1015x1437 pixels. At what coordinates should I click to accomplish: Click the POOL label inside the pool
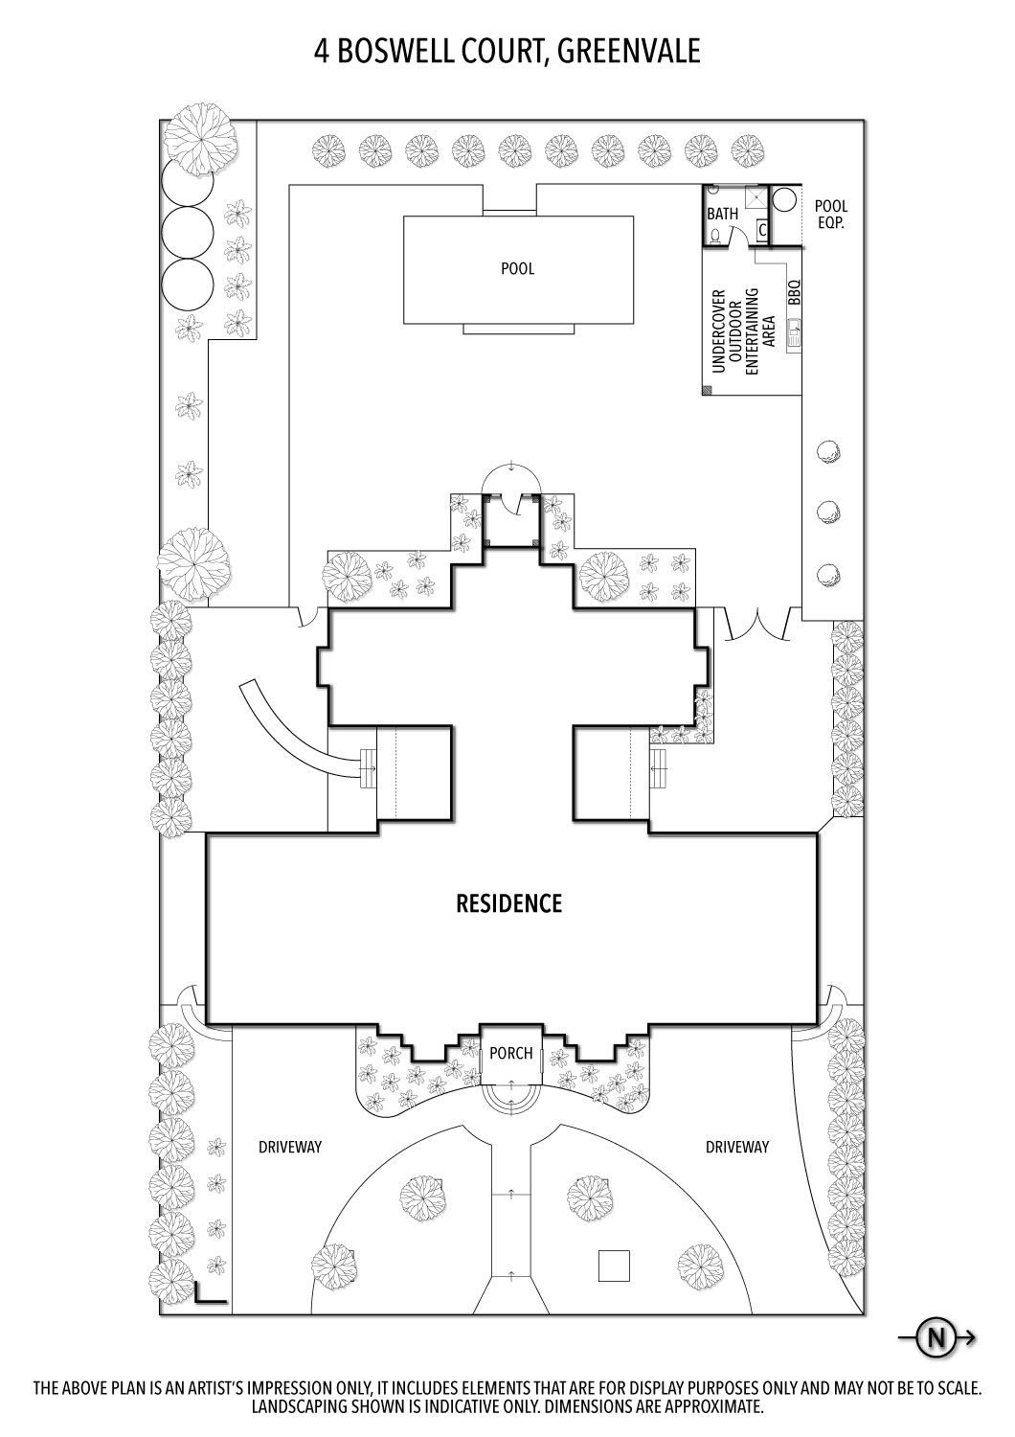pyautogui.click(x=517, y=268)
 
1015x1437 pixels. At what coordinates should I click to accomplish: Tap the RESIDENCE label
pyautogui.click(x=508, y=903)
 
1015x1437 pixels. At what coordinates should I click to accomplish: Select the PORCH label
pyautogui.click(x=511, y=1053)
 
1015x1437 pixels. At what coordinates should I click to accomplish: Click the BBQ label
pyautogui.click(x=795, y=292)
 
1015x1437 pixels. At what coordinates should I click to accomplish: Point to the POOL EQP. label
pyautogui.click(x=831, y=215)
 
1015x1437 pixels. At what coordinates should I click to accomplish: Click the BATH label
pyautogui.click(x=723, y=214)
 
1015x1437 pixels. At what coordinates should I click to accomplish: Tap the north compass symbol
pyautogui.click(x=936, y=1338)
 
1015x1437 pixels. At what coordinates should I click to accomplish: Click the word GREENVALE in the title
pyautogui.click(x=629, y=52)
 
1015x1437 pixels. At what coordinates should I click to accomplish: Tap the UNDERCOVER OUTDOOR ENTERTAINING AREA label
pyautogui.click(x=744, y=330)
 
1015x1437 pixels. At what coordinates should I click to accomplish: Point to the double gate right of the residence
pyautogui.click(x=758, y=624)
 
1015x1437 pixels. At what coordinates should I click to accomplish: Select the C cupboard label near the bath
pyautogui.click(x=762, y=229)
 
